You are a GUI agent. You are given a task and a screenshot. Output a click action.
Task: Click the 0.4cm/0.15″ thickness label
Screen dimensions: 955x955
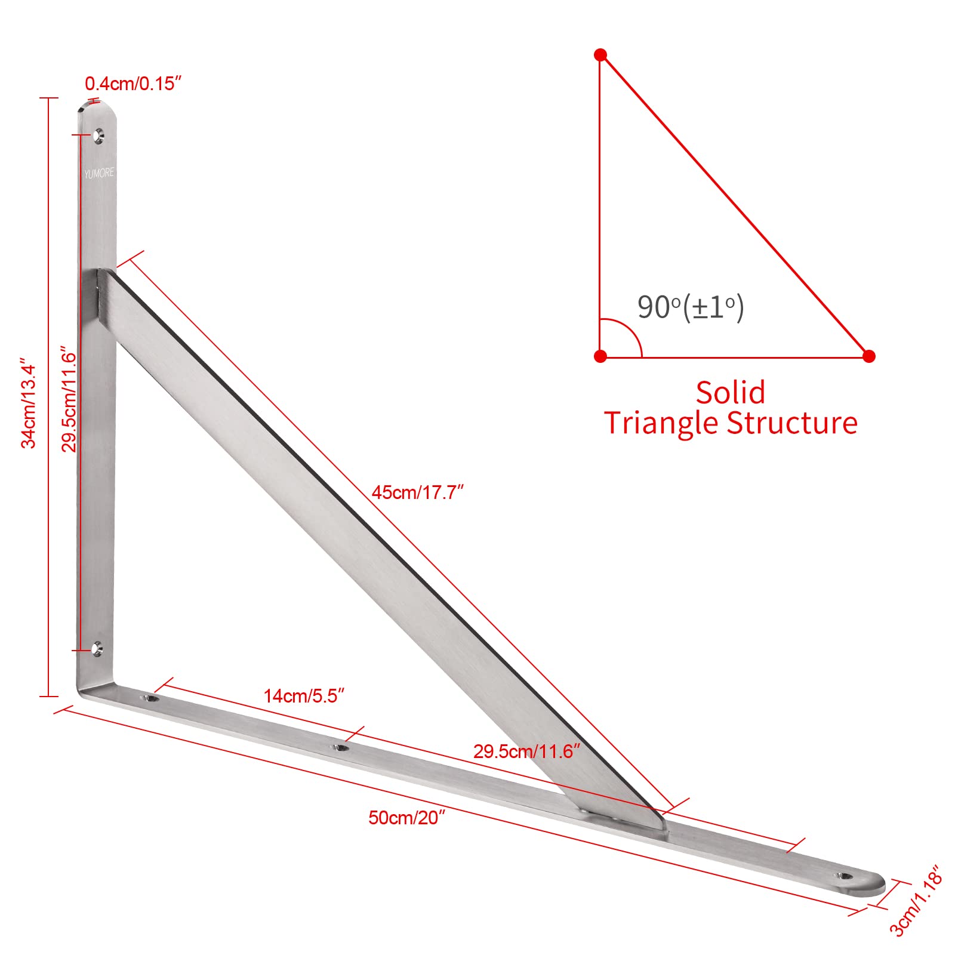133,84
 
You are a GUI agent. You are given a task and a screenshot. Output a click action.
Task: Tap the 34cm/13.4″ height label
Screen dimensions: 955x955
29,403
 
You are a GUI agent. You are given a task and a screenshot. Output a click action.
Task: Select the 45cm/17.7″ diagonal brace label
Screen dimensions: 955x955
418,492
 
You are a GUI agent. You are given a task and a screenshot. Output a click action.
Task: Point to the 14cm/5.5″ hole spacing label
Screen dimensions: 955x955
304,696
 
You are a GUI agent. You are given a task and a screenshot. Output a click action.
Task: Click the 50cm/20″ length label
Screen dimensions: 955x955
407,817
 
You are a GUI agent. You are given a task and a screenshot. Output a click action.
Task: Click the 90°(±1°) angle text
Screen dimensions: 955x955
691,307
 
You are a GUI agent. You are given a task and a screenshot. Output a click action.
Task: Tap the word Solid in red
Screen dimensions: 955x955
731,393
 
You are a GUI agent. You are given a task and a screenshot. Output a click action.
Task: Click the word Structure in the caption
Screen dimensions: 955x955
792,423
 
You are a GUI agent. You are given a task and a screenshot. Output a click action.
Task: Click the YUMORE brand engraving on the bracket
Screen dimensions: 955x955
98,173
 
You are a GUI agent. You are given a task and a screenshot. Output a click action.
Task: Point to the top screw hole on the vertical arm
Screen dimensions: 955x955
98,137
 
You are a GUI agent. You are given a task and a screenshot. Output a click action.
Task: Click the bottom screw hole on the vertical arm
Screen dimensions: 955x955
97,649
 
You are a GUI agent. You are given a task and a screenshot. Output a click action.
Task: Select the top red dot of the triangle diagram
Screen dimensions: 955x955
600,55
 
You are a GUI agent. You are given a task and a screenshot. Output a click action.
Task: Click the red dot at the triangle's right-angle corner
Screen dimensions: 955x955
600,356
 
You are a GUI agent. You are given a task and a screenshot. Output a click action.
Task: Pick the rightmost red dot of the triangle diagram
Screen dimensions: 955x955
869,356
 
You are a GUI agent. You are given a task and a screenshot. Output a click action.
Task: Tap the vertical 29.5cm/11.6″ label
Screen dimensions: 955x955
70,402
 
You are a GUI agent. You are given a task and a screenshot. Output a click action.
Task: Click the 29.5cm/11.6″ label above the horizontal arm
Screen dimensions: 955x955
526,751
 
